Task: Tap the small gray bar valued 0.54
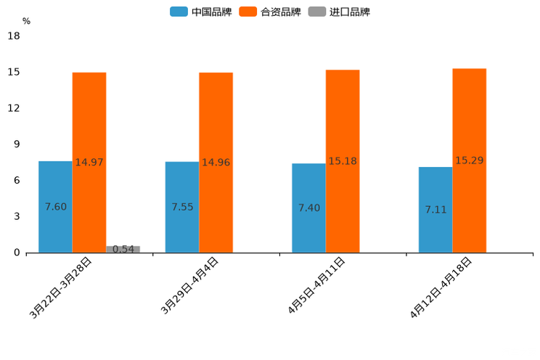[x=123, y=249]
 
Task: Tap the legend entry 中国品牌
[x=201, y=12]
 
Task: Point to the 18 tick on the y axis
[x=14, y=36]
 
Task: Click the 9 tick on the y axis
[x=17, y=144]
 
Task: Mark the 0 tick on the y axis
[x=17, y=253]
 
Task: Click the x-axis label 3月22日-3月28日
[x=61, y=287]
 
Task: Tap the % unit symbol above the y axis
[x=26, y=21]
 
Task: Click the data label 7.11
[x=435, y=210]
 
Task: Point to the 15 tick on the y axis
[x=14, y=72]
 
